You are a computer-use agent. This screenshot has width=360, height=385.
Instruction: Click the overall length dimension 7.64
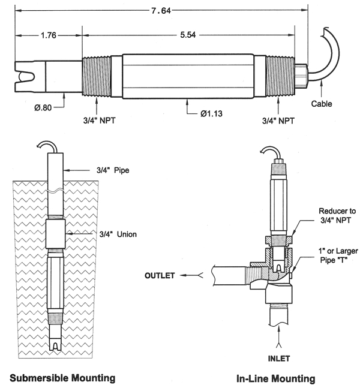click(x=161, y=11)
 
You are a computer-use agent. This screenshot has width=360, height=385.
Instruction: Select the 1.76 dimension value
click(x=49, y=35)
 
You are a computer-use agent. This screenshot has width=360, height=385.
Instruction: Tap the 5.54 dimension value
click(x=188, y=35)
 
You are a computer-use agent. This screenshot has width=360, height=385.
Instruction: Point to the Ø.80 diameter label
click(x=43, y=107)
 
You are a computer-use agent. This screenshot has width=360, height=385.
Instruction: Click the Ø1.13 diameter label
click(x=211, y=113)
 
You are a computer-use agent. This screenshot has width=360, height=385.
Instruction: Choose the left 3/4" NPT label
click(x=99, y=121)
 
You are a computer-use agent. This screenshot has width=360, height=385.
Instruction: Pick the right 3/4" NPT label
click(x=278, y=121)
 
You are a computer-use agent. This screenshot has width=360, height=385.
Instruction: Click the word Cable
click(x=322, y=104)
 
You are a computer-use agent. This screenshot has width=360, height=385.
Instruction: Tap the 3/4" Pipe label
click(x=113, y=170)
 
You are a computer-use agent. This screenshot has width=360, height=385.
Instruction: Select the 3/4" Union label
click(x=118, y=234)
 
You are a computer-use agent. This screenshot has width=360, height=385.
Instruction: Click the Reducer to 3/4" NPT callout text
click(x=337, y=215)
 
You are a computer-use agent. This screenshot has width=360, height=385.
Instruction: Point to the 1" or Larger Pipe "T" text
click(x=338, y=255)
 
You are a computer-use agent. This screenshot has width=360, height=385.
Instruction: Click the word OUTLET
click(x=160, y=275)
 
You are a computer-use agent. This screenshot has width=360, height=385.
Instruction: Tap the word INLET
click(x=278, y=359)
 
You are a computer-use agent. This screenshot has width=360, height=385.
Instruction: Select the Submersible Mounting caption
click(x=62, y=378)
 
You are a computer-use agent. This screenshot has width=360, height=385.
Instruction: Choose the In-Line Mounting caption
click(x=276, y=378)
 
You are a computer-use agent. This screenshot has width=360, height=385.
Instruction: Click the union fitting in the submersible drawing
click(x=56, y=234)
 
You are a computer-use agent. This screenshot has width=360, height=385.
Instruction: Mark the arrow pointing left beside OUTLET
click(x=191, y=275)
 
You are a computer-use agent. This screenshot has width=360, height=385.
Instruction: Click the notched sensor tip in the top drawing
click(x=25, y=77)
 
